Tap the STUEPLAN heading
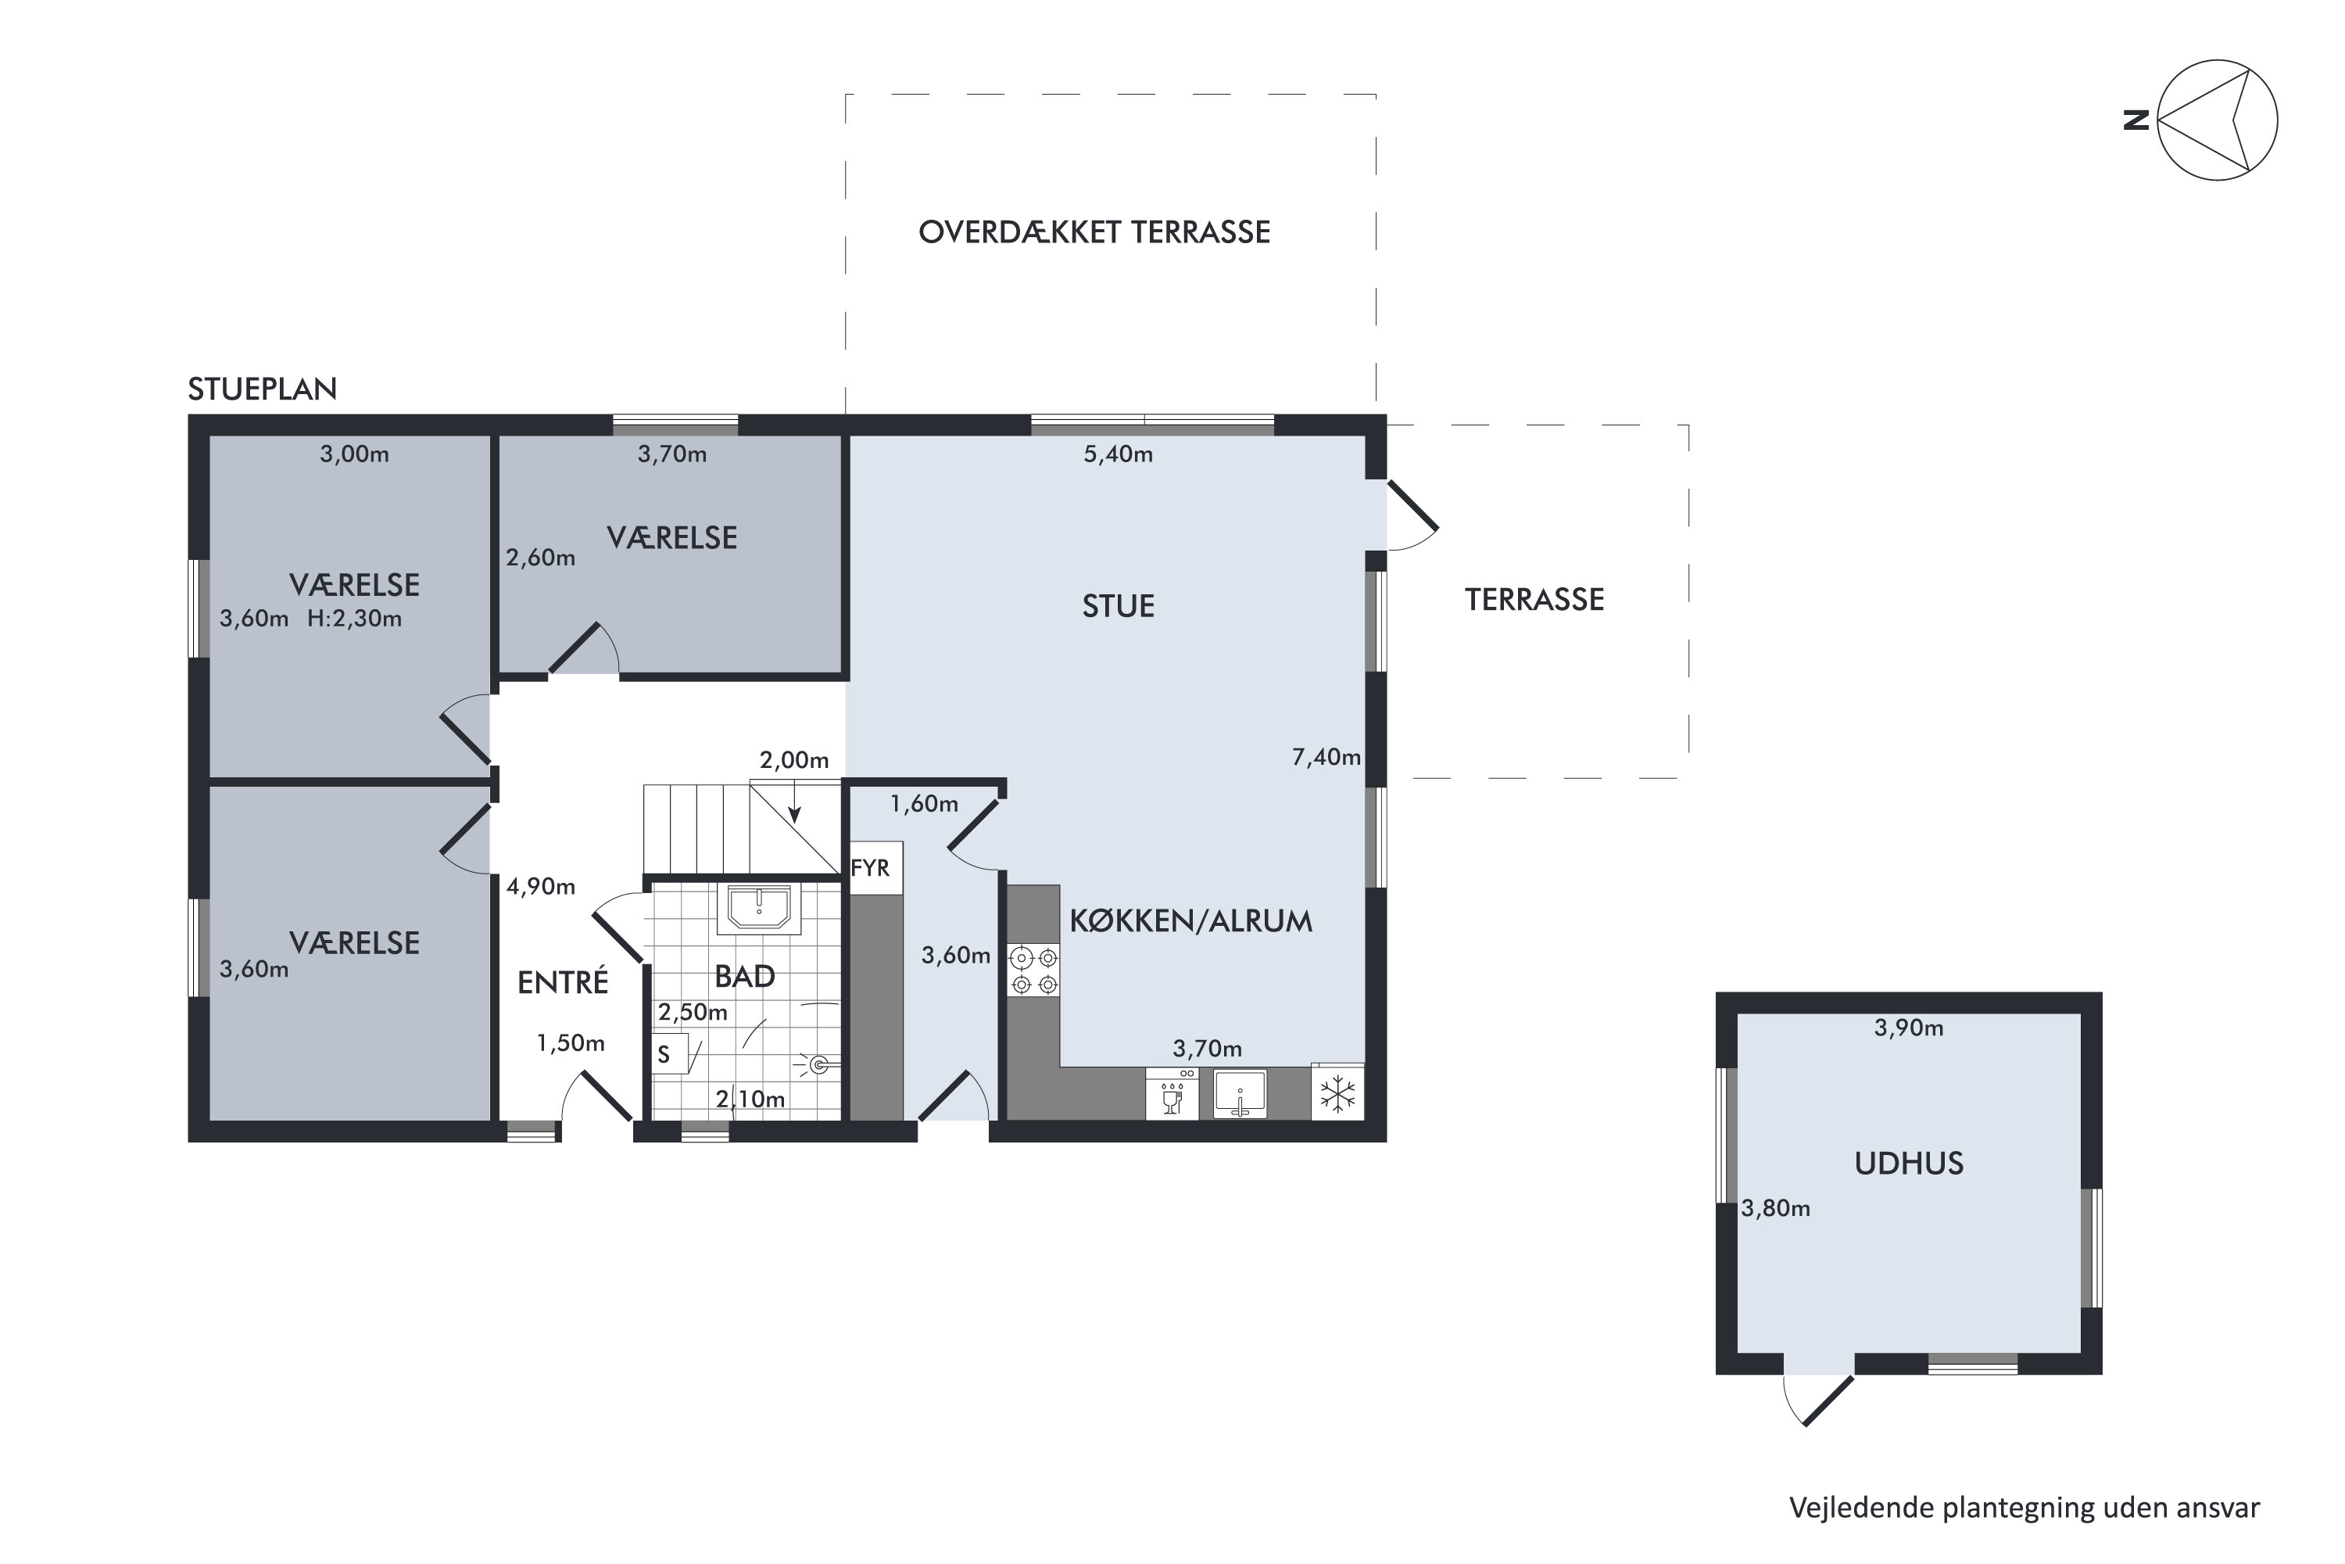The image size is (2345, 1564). (262, 389)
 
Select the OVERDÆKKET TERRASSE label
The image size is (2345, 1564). (1094, 232)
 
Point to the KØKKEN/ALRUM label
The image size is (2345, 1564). (1190, 920)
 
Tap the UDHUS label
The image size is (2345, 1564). (1908, 1164)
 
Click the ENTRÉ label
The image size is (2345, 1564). (562, 982)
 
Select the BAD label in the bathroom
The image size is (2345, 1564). (745, 977)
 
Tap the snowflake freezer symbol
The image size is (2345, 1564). (1337, 1093)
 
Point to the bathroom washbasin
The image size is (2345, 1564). (759, 909)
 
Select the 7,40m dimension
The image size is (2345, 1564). (1326, 758)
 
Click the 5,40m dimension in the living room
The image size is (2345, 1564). (1118, 455)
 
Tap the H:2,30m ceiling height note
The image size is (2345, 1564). (354, 619)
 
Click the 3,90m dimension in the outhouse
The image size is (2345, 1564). (1908, 1028)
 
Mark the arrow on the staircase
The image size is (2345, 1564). (795, 803)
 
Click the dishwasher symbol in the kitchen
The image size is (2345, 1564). (1172, 1093)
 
